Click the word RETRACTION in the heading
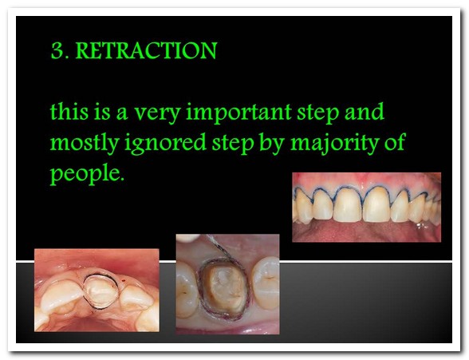146,50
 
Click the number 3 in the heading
57,51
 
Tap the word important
238,113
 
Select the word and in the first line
365,111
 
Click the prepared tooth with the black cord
99,292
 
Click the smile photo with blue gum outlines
366,207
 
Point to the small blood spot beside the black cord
123,280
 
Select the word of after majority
394,141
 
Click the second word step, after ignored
233,144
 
